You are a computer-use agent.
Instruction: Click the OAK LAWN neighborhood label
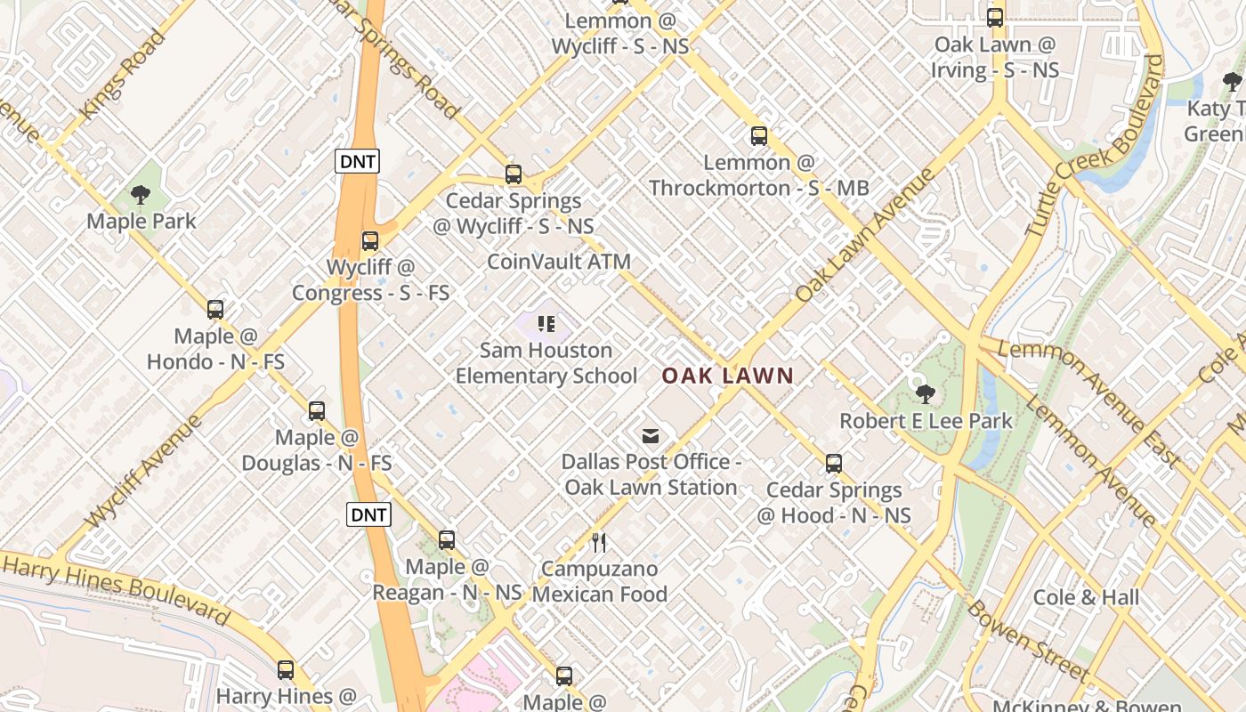727,376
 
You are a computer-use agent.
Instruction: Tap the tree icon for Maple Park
140,194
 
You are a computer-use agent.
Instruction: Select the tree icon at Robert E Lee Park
926,392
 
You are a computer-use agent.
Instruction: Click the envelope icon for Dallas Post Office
651,435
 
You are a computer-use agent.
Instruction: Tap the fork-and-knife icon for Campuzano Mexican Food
599,542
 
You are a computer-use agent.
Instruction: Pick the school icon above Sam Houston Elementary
546,323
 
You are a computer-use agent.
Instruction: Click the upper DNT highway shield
357,161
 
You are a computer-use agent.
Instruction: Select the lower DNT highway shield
368,514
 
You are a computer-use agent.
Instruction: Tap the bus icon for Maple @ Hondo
215,309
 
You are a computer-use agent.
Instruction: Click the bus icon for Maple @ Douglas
317,410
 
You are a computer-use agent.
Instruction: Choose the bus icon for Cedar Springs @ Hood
834,463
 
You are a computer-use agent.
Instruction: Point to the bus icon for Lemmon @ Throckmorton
758,135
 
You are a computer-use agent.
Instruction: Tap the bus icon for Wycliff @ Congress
370,240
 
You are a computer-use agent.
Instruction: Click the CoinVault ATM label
559,262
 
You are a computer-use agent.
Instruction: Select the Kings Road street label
123,76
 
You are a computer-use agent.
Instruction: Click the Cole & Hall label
1085,597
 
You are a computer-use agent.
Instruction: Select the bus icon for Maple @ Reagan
447,539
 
